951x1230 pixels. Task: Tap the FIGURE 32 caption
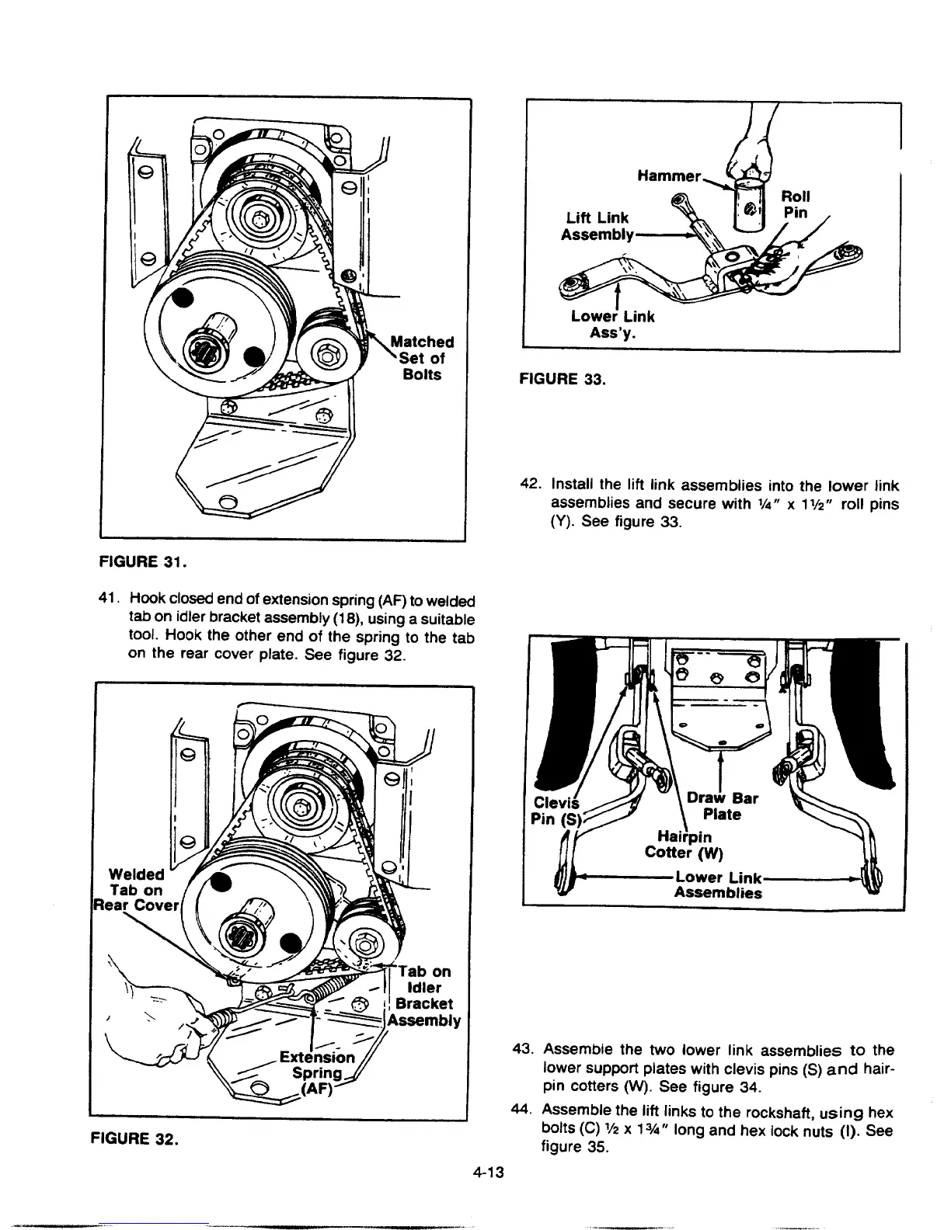134,1139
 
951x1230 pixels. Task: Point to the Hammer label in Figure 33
669,177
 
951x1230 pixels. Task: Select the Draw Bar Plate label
723,806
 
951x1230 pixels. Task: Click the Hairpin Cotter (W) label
684,845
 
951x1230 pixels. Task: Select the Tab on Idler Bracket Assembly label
423,995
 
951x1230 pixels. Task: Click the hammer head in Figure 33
746,205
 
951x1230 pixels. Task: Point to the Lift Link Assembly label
597,226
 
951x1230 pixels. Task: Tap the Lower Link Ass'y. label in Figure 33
612,324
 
